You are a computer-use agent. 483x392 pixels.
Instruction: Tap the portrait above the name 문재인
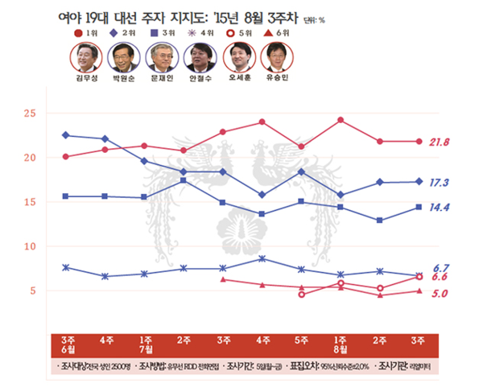(x=162, y=57)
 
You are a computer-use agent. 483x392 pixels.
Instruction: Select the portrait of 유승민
(x=276, y=57)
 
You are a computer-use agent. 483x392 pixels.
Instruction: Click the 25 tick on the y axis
(x=30, y=113)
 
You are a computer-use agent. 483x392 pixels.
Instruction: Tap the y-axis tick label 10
(x=30, y=247)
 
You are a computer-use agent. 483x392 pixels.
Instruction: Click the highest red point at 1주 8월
(x=341, y=121)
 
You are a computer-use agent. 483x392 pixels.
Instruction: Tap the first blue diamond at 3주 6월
(x=65, y=135)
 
